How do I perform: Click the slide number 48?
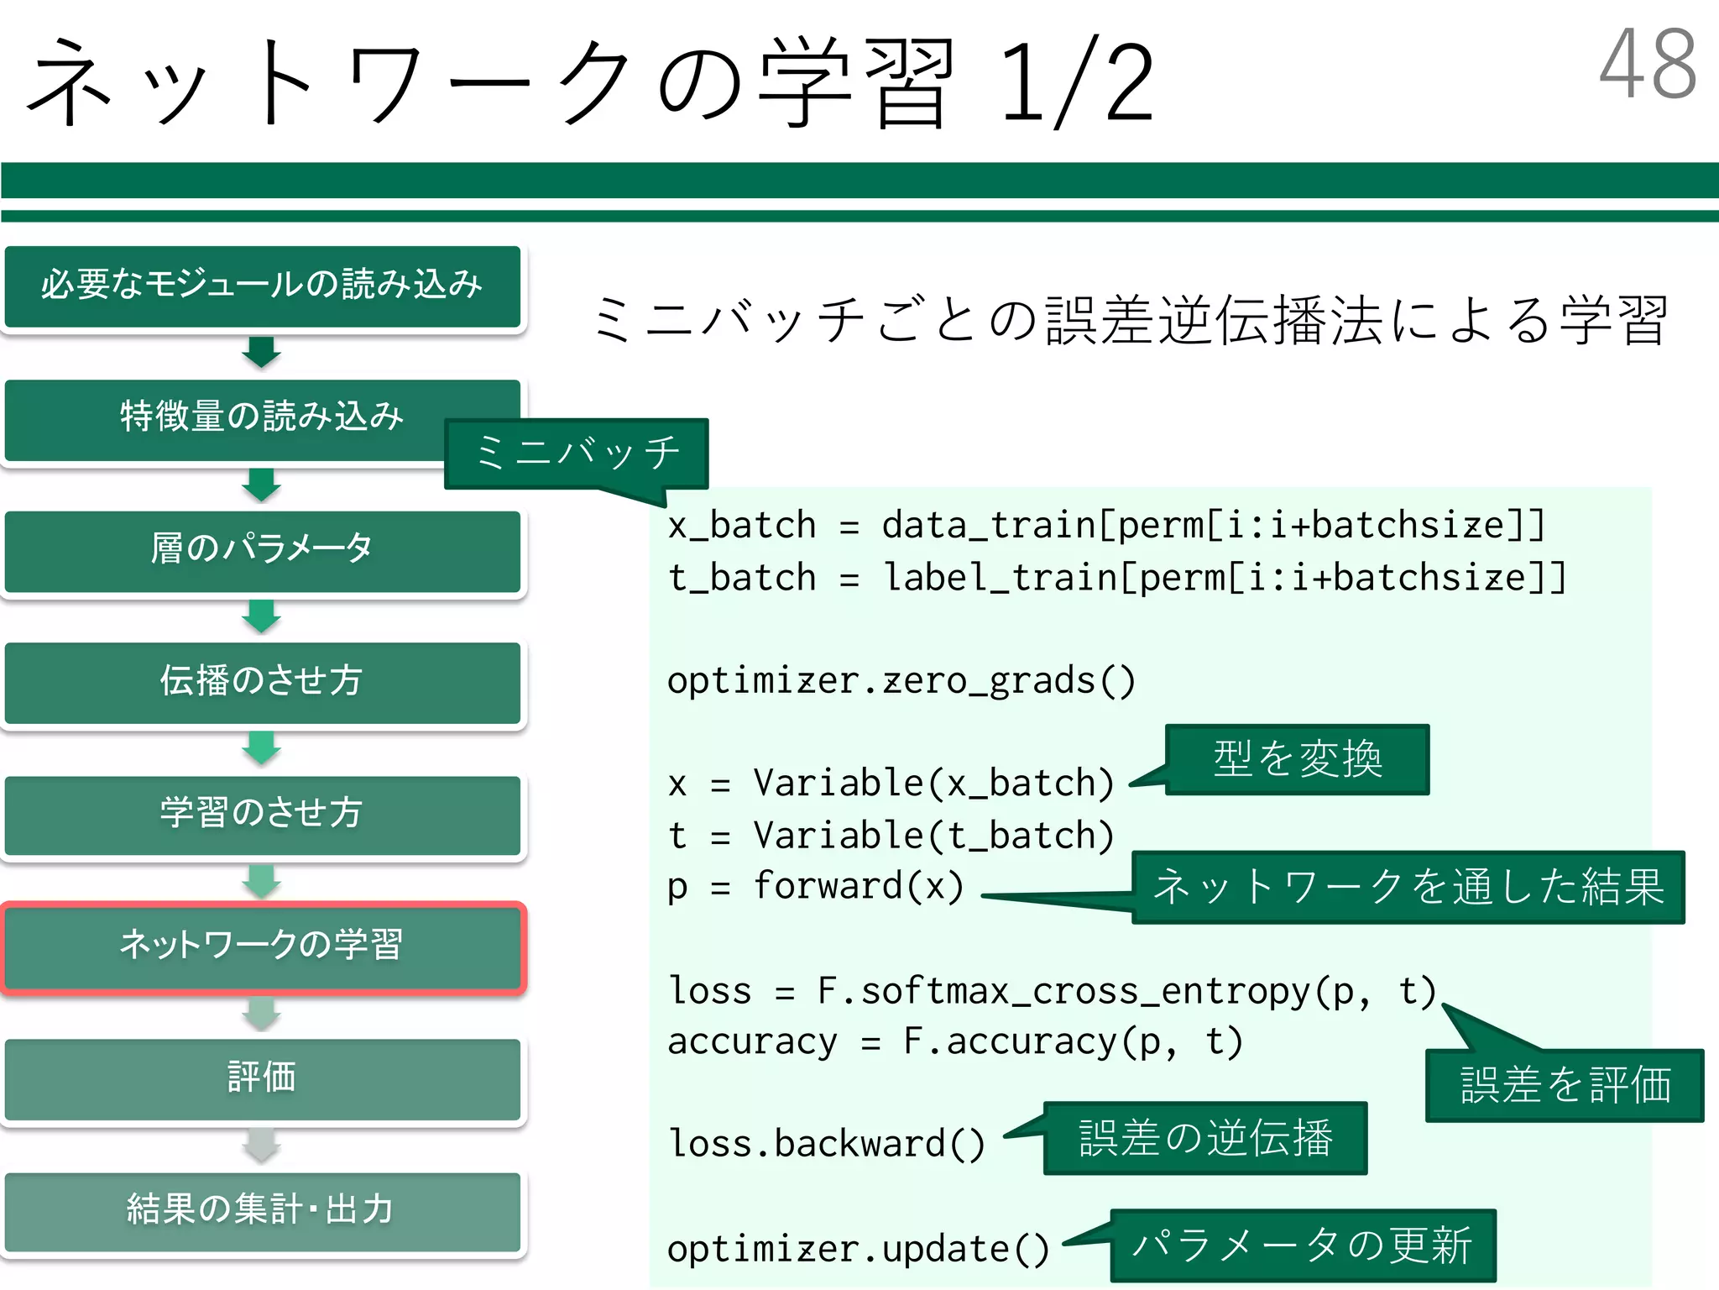point(1648,64)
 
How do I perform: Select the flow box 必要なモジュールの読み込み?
point(262,286)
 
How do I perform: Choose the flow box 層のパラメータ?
point(262,549)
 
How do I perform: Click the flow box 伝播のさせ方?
point(262,681)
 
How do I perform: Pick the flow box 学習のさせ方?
point(262,813)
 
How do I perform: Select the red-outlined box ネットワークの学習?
point(262,946)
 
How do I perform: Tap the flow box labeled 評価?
point(262,1078)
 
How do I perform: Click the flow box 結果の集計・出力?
point(262,1210)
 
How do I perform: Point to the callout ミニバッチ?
point(577,454)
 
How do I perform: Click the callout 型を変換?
point(1297,759)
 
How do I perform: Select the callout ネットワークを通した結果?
point(1408,887)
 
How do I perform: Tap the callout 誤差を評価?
point(1565,1085)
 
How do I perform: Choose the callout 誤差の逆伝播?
point(1205,1138)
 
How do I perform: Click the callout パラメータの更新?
point(1302,1245)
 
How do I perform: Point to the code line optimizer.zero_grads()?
point(901,680)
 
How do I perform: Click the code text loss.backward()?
point(826,1144)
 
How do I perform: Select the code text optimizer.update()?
point(858,1250)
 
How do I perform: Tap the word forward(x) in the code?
point(859,887)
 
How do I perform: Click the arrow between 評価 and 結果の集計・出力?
point(262,1146)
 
